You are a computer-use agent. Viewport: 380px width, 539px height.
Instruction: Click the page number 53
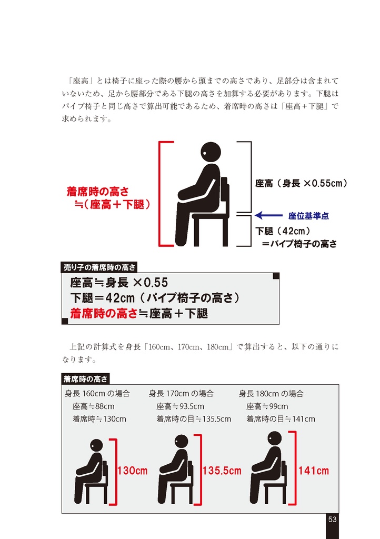tap(332, 520)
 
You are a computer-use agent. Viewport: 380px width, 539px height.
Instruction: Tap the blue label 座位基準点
tap(308, 216)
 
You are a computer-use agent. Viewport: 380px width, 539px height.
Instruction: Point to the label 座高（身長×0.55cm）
tap(302, 183)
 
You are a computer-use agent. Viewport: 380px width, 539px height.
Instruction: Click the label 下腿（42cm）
tap(283, 231)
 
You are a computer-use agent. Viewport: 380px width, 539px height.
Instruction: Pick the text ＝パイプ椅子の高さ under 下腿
tap(299, 244)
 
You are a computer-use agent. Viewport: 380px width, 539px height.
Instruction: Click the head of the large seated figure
tap(211, 152)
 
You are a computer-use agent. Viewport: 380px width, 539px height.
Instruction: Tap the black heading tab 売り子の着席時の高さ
tap(99, 267)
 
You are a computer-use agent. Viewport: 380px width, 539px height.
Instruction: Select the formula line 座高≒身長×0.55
tap(119, 283)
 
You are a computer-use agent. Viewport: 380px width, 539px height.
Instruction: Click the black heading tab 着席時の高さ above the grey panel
tap(85, 379)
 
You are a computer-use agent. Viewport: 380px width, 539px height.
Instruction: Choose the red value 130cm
tap(132, 471)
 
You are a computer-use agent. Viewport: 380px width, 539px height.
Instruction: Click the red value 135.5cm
tap(222, 471)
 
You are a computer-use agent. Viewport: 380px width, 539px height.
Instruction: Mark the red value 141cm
tap(313, 471)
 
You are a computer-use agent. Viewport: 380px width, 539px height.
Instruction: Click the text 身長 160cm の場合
tap(97, 394)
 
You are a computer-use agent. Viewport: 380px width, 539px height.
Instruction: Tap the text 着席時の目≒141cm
tap(281, 419)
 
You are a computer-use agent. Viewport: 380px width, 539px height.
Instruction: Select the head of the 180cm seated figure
tap(274, 438)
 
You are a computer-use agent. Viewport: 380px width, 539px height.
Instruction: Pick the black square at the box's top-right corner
tap(276, 276)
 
